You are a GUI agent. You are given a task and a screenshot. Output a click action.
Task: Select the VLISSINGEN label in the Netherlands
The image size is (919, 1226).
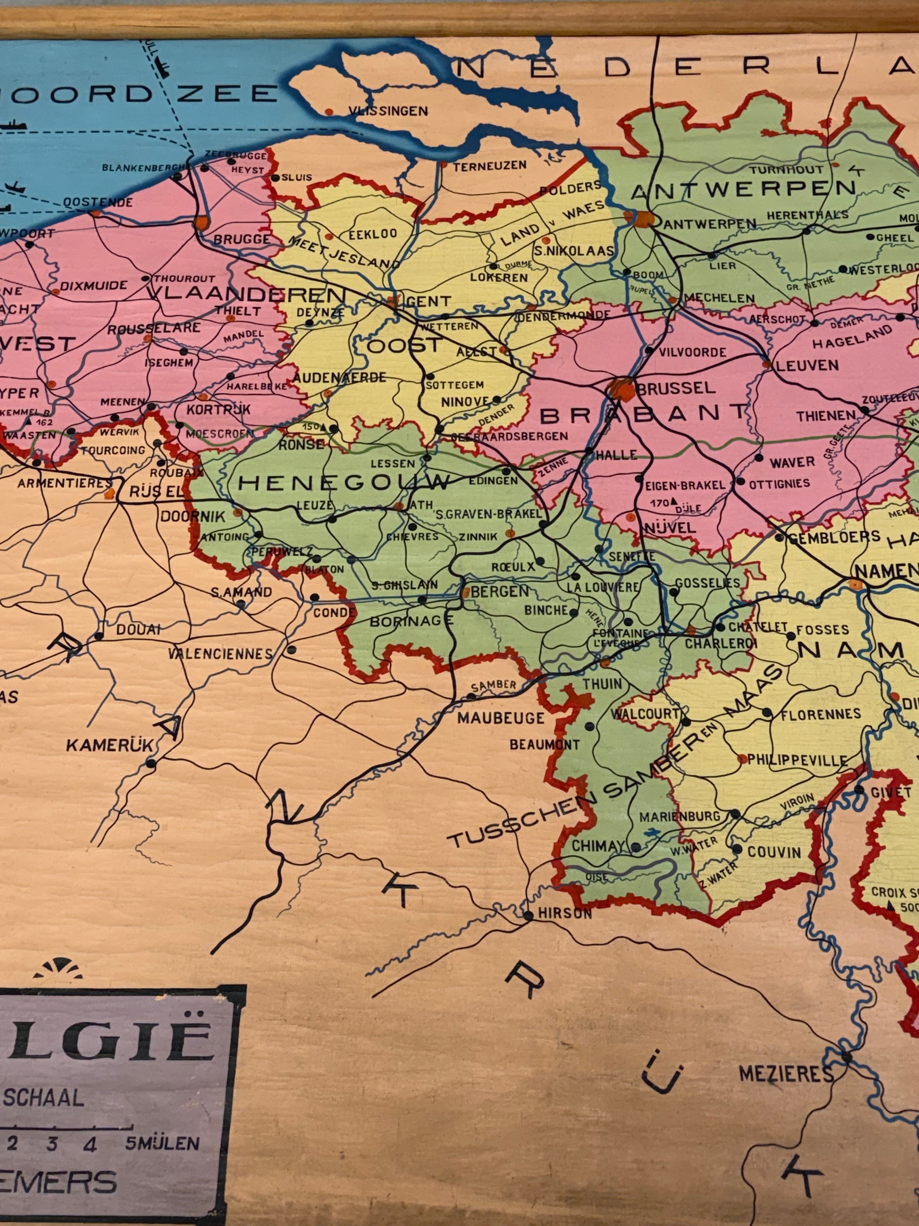coord(388,111)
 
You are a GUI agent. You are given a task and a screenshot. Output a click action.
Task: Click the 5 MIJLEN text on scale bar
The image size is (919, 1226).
coord(162,1143)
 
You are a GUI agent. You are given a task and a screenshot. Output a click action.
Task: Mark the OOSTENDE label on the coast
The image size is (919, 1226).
coord(98,202)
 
